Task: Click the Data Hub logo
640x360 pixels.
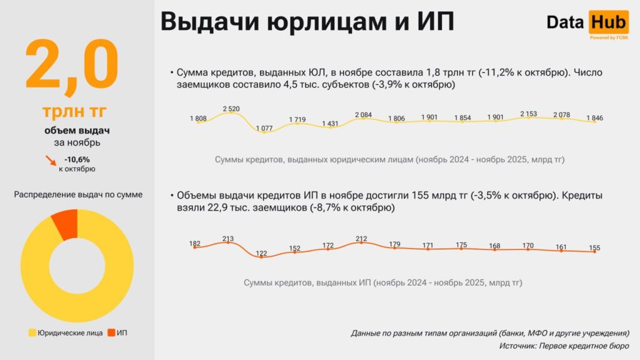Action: click(586, 24)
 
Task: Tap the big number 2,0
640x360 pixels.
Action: click(71, 64)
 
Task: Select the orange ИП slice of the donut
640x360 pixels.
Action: click(65, 223)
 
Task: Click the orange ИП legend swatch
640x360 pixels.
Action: click(112, 332)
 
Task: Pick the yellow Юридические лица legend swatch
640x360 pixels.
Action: click(32, 332)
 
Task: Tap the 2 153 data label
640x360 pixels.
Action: click(529, 114)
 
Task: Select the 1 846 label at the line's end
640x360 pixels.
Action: click(594, 117)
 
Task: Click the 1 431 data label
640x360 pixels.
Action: click(331, 124)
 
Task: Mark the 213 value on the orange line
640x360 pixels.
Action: click(227, 238)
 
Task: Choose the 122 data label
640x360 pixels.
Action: click(261, 253)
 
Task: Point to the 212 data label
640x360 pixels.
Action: click(361, 238)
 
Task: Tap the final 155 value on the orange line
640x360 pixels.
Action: click(594, 248)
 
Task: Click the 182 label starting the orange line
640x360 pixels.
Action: click(195, 243)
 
